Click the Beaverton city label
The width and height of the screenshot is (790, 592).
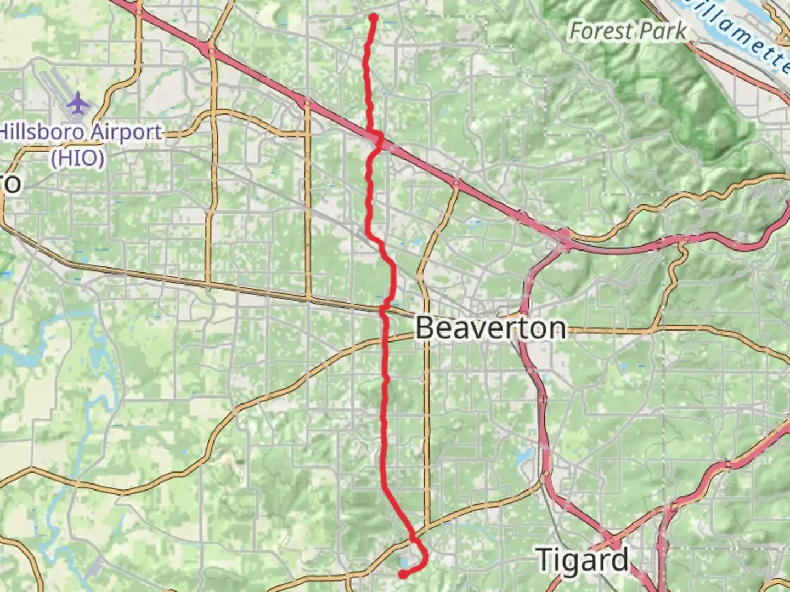[490, 328]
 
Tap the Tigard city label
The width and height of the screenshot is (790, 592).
[582, 560]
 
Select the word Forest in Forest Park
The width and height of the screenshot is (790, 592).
[601, 31]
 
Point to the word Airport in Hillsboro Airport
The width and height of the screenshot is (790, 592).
[126, 132]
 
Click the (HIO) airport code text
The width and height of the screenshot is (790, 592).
[77, 158]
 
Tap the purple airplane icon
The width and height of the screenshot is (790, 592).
[78, 103]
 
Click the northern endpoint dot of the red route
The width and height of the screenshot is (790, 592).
[374, 18]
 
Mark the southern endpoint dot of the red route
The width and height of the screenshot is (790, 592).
[403, 574]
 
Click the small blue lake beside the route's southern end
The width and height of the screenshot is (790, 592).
[405, 562]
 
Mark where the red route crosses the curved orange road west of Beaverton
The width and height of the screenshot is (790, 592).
[384, 342]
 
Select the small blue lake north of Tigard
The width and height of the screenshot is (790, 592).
[524, 455]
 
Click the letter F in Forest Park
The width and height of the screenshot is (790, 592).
[575, 31]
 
